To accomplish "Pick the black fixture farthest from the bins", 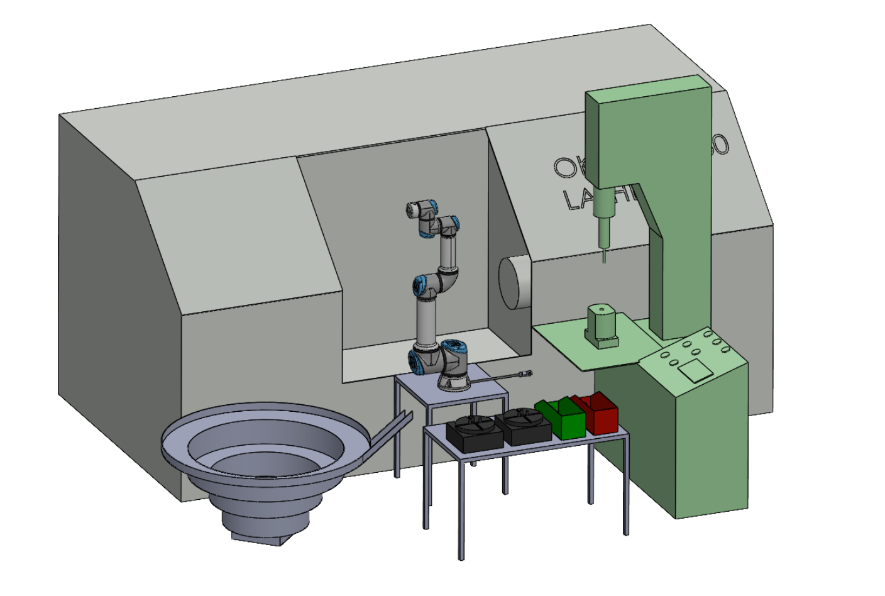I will click(x=474, y=434).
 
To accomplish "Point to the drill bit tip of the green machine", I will click(x=605, y=260).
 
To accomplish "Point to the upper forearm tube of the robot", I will click(x=448, y=251).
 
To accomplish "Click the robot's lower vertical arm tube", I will click(x=426, y=322).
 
